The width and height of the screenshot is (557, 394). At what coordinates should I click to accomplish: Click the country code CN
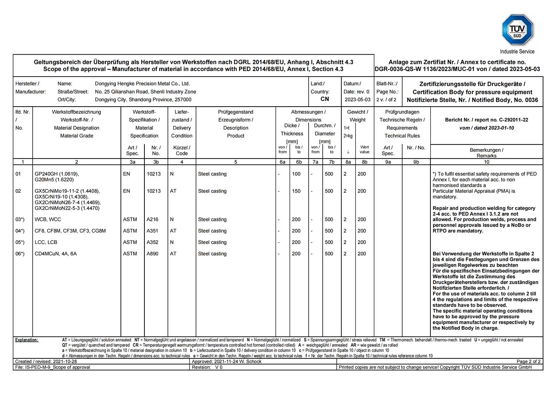(x=325, y=99)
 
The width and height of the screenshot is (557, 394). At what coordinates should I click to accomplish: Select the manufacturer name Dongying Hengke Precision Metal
(x=142, y=84)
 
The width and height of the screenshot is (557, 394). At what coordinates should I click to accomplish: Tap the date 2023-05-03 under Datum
(x=357, y=100)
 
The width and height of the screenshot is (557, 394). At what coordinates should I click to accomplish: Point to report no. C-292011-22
(x=486, y=120)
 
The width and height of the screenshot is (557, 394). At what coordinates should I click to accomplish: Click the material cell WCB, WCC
(x=48, y=219)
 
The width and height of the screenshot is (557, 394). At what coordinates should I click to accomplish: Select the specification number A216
(x=152, y=219)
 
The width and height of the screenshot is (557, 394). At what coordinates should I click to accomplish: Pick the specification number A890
(x=152, y=254)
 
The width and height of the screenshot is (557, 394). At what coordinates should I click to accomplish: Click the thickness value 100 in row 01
(x=296, y=174)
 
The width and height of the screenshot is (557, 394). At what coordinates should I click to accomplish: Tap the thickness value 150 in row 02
(x=296, y=191)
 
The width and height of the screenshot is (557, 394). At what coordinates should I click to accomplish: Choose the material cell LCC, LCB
(x=46, y=242)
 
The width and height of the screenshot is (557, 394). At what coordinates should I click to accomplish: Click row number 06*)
(x=20, y=254)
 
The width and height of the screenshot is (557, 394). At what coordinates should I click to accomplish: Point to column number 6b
(x=299, y=162)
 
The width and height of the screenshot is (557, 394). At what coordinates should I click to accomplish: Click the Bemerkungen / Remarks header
(x=486, y=153)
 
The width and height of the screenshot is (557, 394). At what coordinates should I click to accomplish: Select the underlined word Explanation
(x=26, y=340)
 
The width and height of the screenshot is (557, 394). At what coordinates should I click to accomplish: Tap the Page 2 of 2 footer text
(x=528, y=361)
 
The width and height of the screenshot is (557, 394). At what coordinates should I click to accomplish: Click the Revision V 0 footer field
(x=207, y=367)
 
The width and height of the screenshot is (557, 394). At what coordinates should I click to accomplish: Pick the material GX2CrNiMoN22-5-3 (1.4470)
(x=67, y=208)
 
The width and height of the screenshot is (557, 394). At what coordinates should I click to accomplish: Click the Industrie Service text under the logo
(x=517, y=52)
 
